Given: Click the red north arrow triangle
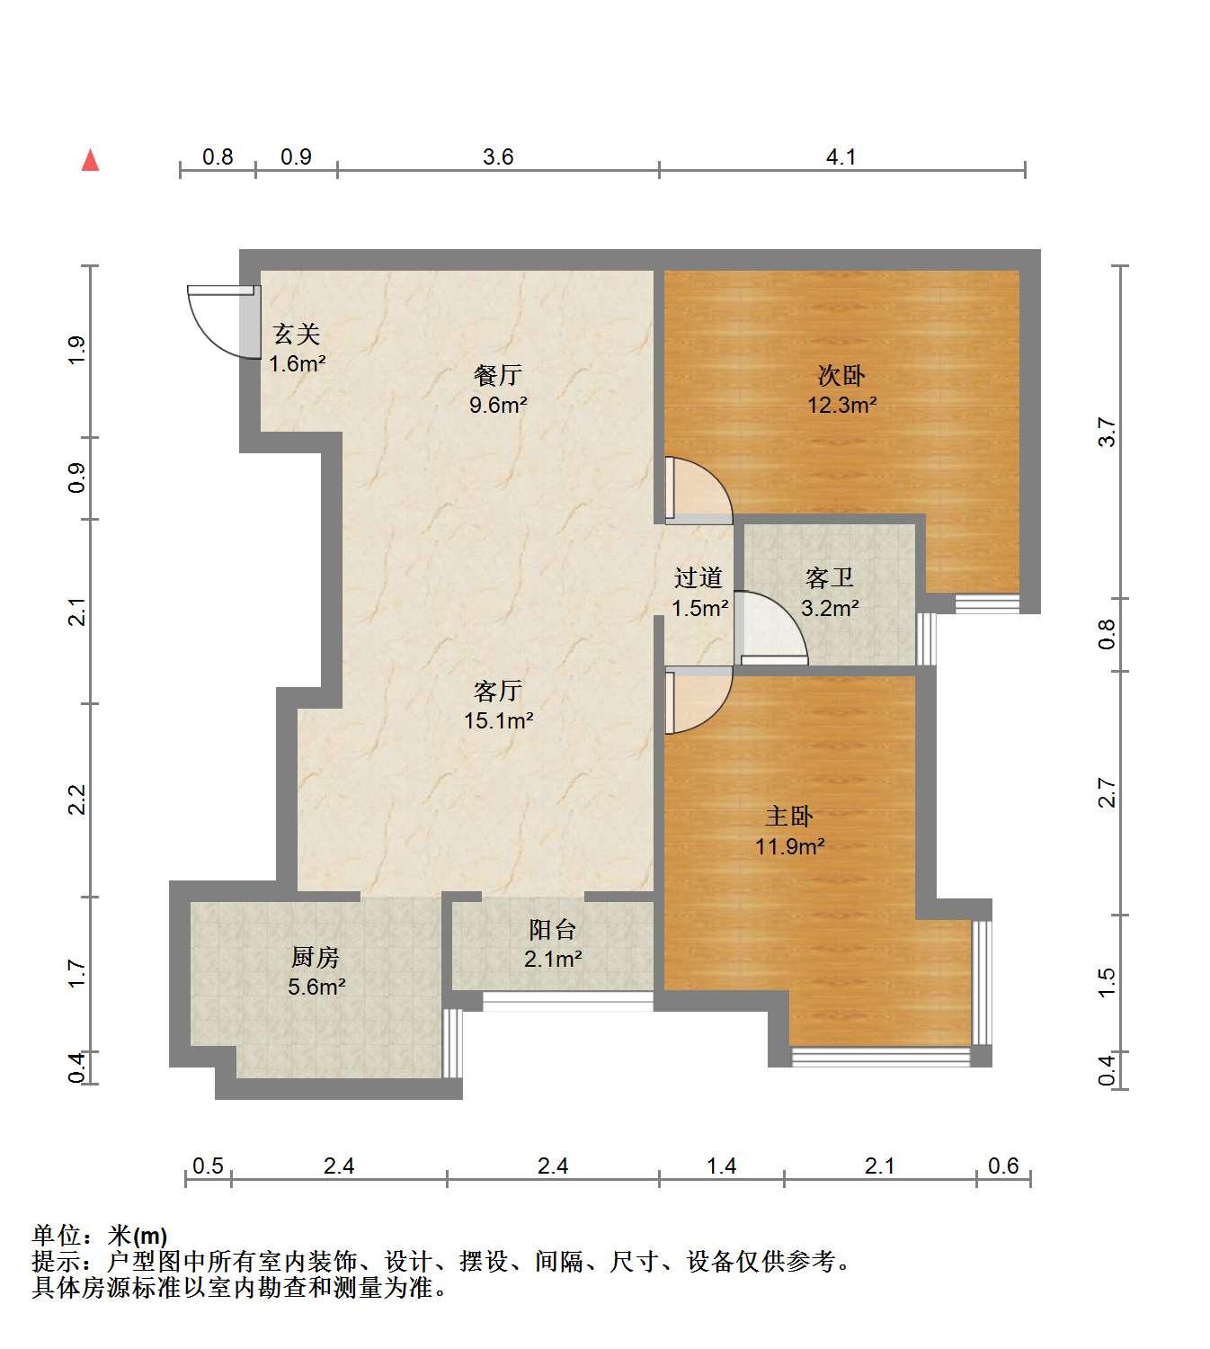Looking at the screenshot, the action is coord(91,160).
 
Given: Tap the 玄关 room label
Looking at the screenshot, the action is coord(297,335).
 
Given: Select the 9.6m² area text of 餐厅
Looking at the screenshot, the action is coord(499,405).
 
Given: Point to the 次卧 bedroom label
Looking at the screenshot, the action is coord(841,376).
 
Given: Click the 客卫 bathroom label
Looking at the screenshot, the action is coord(830,578).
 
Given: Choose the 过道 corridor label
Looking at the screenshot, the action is coord(698,578).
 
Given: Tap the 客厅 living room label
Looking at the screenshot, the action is coord(498,692).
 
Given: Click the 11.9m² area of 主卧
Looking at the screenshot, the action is coord(790,846).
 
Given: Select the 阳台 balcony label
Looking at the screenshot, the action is coord(553,930).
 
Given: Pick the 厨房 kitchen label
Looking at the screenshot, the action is coord(316,958).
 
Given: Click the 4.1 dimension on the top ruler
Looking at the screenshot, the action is coord(841,157).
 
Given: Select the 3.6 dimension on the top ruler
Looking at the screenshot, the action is coord(499,157).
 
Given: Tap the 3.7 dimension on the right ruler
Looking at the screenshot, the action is coord(1107,432).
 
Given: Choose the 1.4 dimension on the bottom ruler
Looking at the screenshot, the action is coord(722,1166).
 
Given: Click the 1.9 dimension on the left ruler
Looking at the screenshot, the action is coord(77,350).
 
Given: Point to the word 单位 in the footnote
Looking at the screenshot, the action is coord(58,1236).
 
